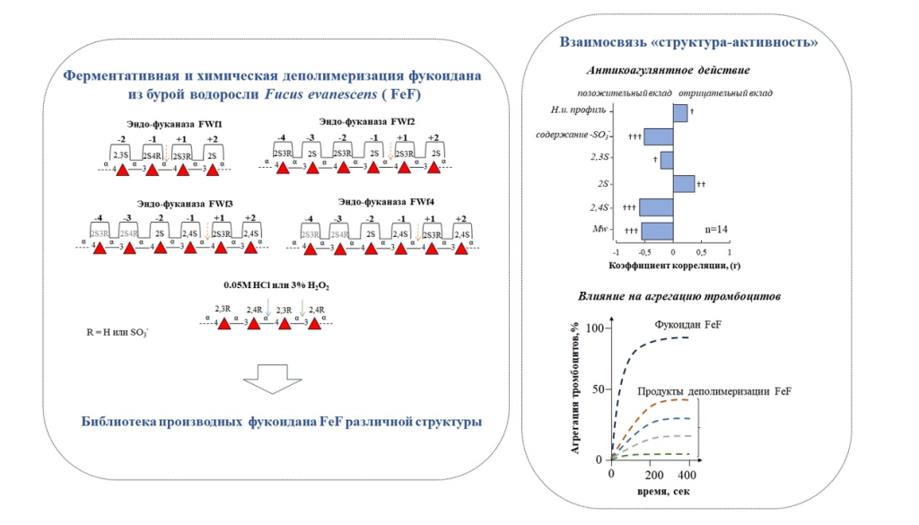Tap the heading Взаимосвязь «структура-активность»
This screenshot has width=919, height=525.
coord(689,41)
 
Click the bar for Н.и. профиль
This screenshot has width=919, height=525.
coord(679,112)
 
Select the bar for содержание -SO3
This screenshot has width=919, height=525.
coord(657,136)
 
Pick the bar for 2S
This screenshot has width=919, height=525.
coord(683,183)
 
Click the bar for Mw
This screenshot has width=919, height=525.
coord(657,231)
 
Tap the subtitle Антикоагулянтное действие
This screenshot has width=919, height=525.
coord(669,70)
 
